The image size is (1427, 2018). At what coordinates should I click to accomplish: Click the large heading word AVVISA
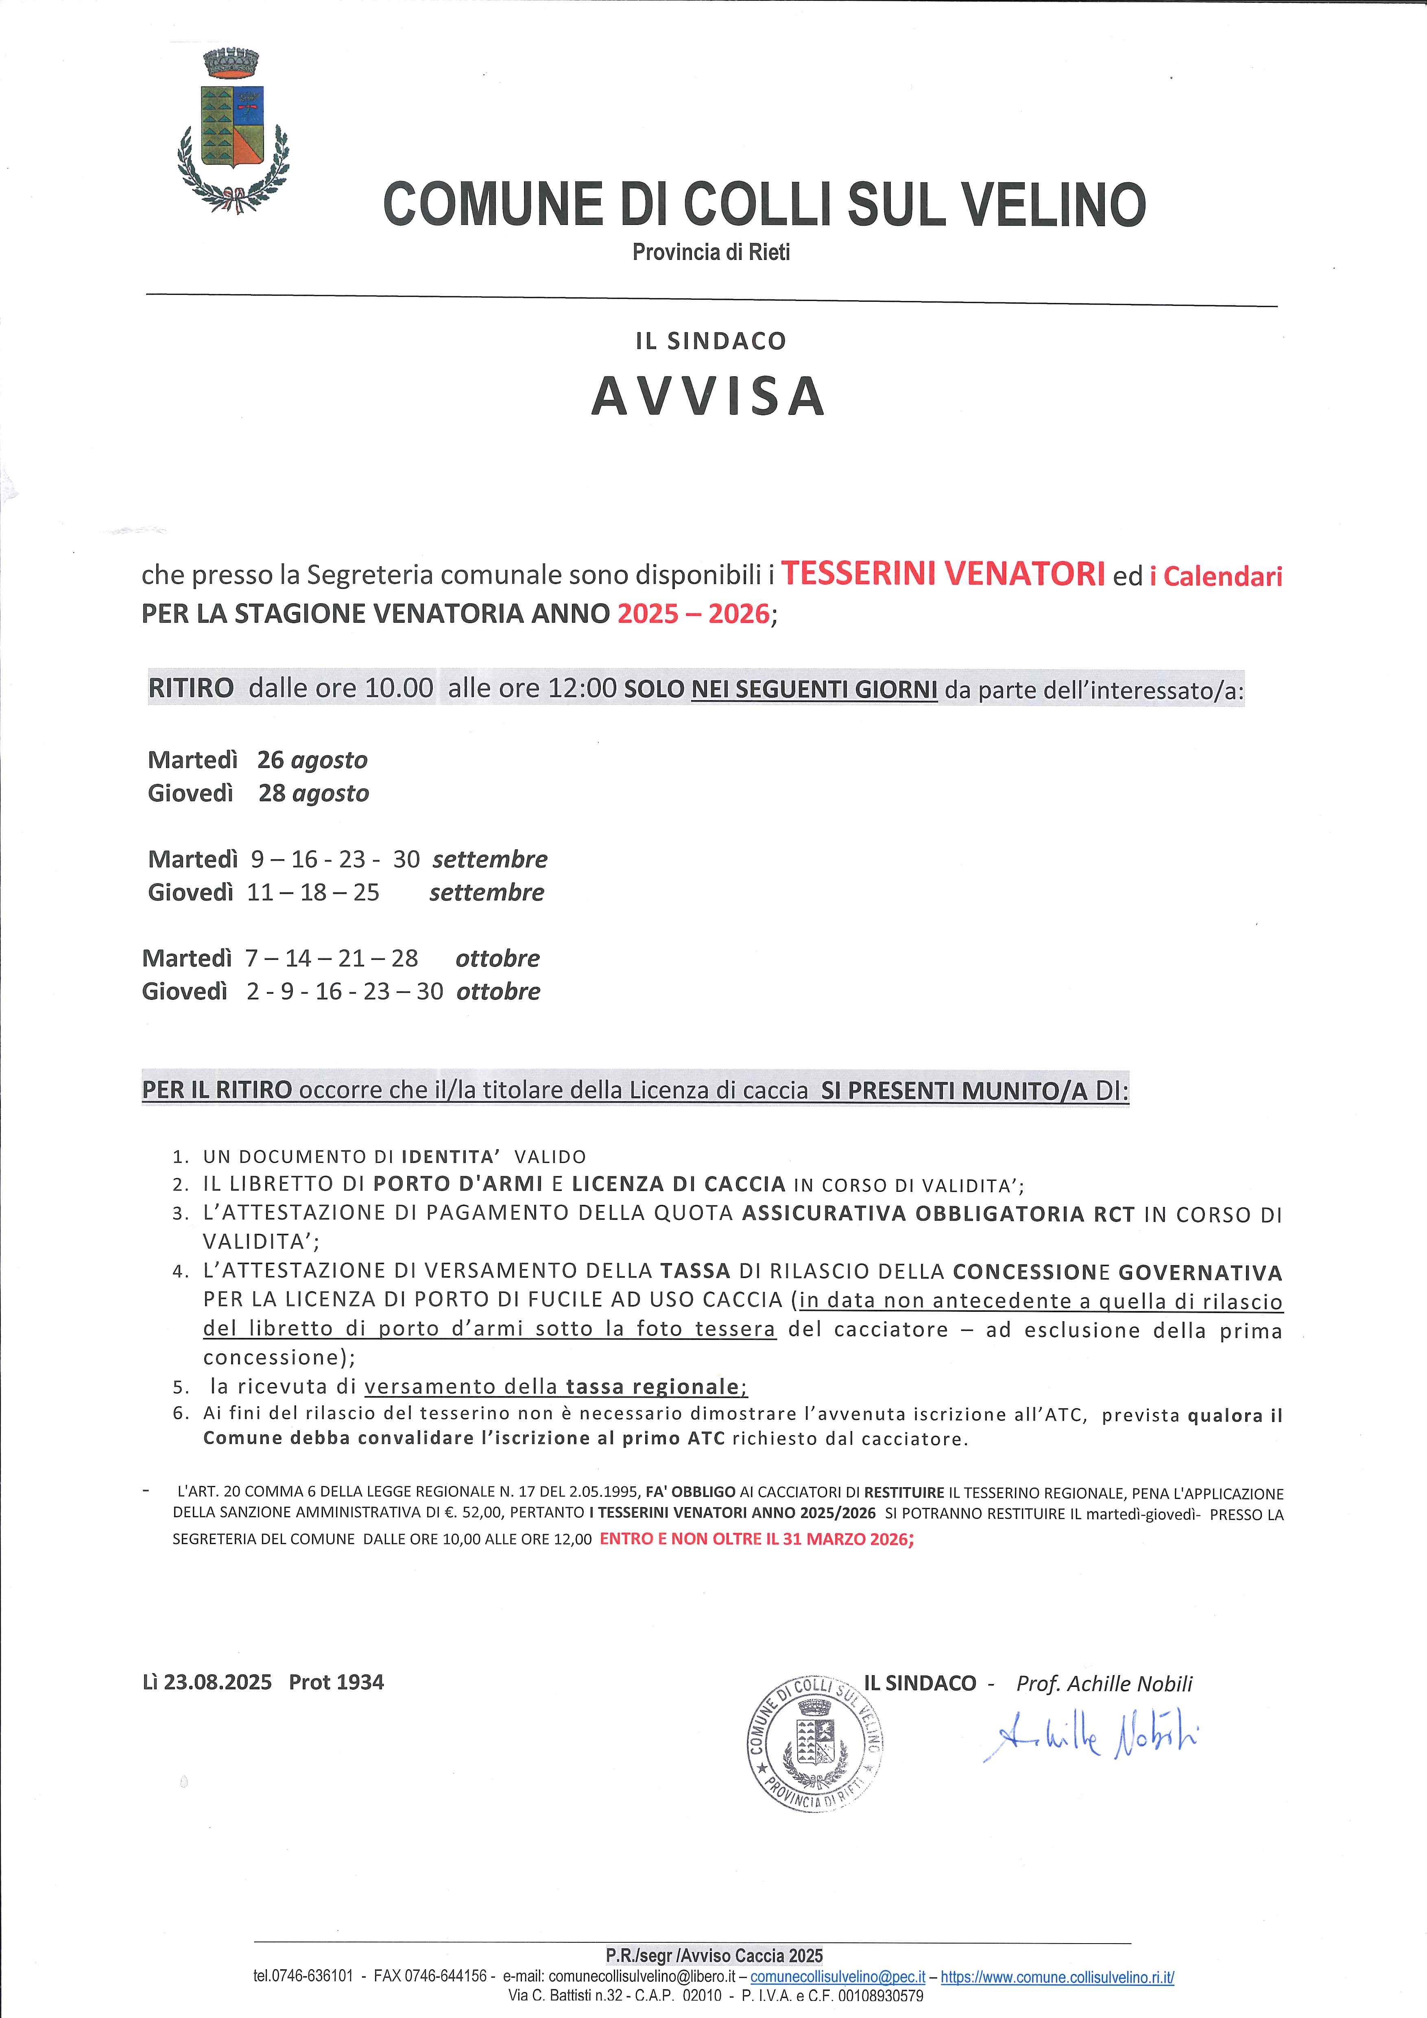(708, 396)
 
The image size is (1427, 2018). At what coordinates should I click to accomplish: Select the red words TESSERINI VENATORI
(943, 574)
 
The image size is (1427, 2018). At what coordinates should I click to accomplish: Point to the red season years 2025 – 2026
(693, 613)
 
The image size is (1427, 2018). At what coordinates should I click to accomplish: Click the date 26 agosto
(312, 759)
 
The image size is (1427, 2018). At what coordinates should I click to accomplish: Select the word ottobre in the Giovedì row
(498, 991)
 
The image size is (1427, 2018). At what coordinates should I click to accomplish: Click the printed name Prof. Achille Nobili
(1104, 1683)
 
